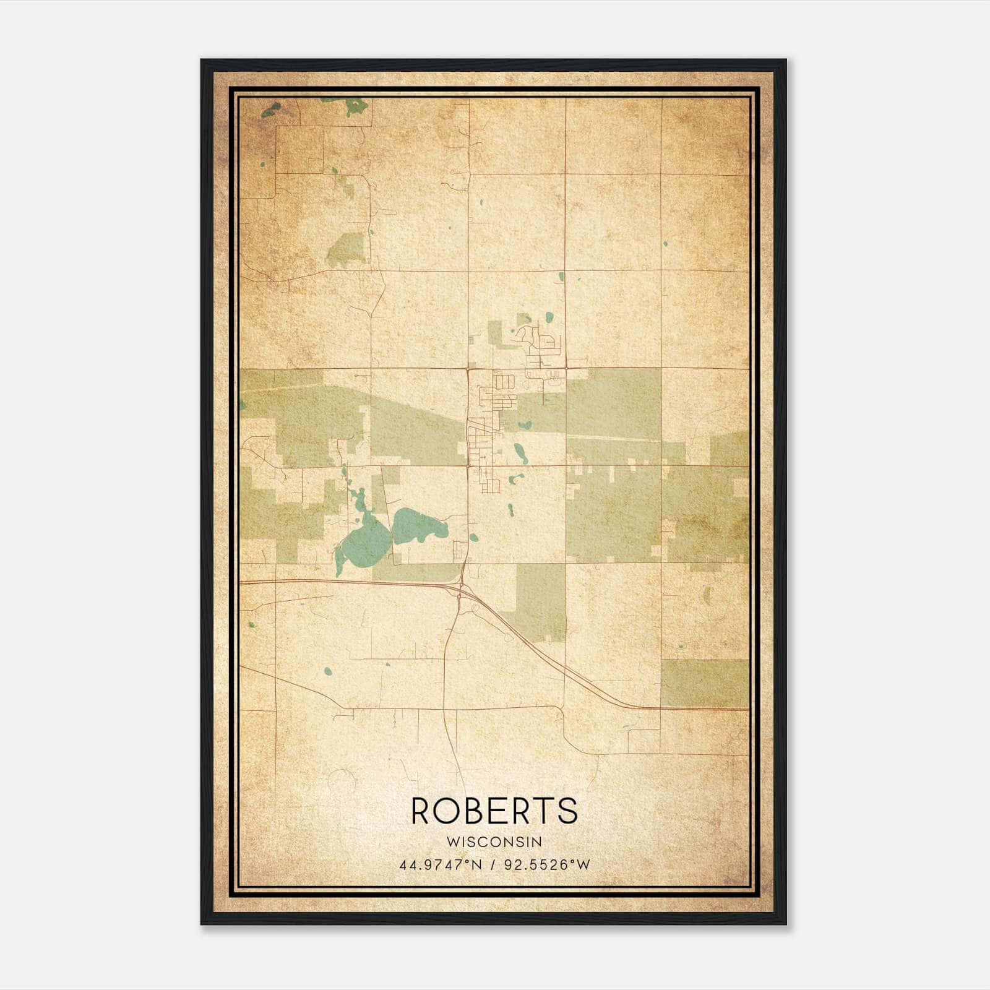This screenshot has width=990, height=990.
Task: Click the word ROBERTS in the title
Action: tap(494, 811)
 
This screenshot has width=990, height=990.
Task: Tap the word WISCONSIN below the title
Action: tap(494, 842)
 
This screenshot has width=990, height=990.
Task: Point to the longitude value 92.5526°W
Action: tap(547, 864)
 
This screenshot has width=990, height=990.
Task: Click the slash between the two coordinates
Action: tap(493, 864)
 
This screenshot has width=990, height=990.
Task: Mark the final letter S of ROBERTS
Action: tap(567, 811)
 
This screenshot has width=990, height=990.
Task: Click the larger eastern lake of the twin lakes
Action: tap(419, 526)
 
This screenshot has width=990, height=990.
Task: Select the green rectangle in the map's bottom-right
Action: tap(704, 683)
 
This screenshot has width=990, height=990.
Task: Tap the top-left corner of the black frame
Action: tap(202, 61)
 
